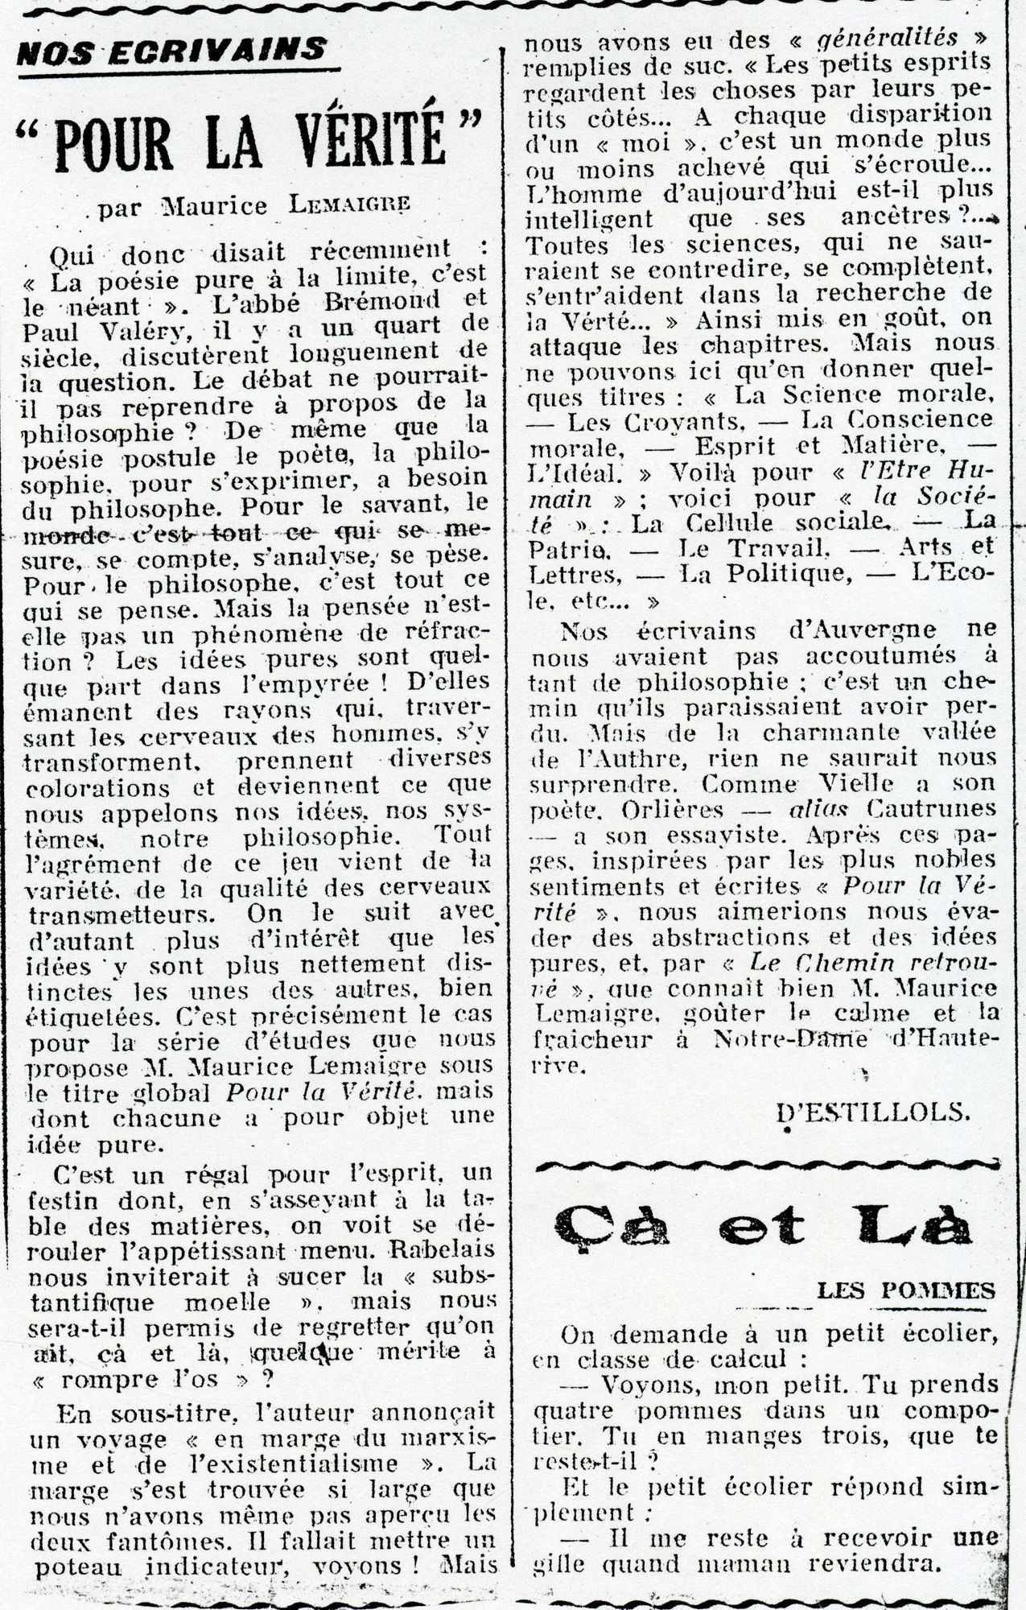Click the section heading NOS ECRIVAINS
[x=172, y=53]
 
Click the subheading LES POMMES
[x=905, y=1292]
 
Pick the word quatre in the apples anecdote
[x=578, y=1410]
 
